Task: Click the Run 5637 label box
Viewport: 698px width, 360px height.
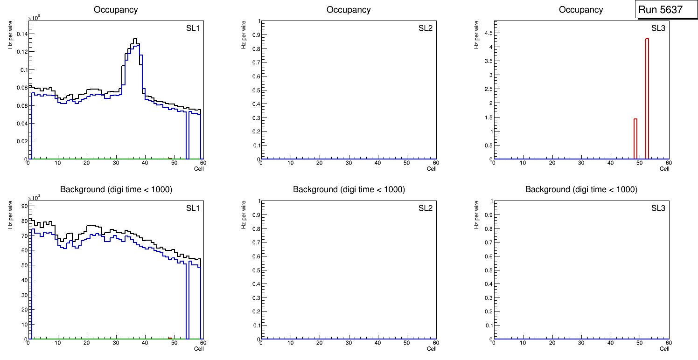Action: tap(663, 9)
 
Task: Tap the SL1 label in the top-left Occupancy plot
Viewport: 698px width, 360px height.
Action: tap(193, 28)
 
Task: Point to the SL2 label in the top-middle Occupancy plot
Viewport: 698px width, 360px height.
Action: tap(426, 28)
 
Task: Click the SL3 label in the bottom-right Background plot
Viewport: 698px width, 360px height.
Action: tap(658, 208)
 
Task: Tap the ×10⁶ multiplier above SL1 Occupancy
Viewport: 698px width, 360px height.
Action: tap(34, 18)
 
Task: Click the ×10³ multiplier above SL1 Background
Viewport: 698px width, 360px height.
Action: tap(34, 198)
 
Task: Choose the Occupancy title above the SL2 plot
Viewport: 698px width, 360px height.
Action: tap(349, 9)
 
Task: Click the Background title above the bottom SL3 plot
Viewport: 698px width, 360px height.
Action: tap(581, 189)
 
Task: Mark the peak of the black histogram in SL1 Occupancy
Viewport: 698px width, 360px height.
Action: tap(134, 39)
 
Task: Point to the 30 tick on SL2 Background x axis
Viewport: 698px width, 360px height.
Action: tap(349, 343)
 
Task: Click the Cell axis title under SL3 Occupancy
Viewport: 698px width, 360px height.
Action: tap(664, 169)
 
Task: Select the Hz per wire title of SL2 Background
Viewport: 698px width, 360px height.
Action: tap(244, 215)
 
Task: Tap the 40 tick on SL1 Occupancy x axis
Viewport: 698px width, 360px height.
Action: tap(145, 163)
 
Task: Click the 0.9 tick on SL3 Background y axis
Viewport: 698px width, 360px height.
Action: tap(488, 215)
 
